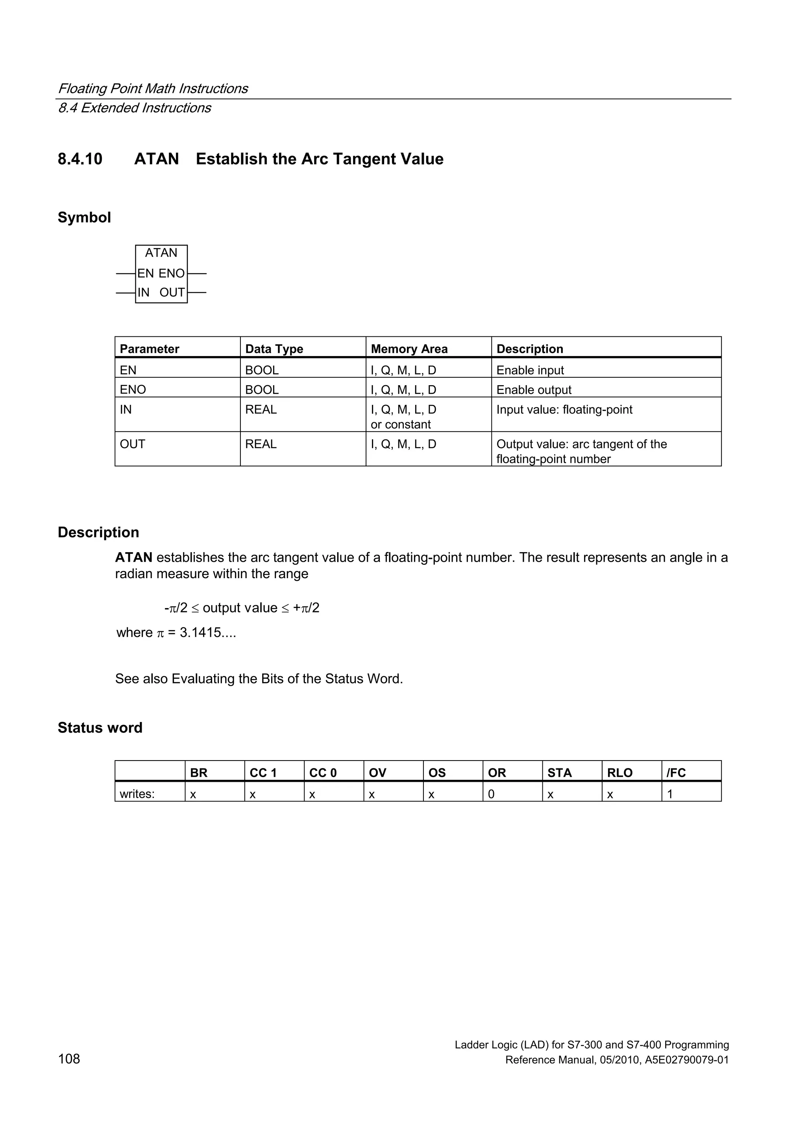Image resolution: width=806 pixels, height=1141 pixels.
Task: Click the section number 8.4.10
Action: coord(80,159)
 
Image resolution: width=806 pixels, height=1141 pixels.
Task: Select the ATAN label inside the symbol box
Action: coord(161,253)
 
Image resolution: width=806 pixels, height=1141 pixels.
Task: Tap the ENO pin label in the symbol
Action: coord(172,273)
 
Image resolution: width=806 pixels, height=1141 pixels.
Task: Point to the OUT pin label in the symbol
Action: coord(172,293)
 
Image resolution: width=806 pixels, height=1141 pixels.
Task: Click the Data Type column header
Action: coord(274,349)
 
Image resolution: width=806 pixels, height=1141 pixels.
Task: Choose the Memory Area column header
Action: coord(409,349)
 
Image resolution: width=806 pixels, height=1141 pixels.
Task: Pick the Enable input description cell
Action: coord(530,370)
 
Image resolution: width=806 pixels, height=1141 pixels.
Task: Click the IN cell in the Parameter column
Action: coord(126,410)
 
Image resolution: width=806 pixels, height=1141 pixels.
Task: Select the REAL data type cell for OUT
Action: coord(261,444)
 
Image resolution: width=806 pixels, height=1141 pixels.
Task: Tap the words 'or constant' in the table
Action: coord(401,425)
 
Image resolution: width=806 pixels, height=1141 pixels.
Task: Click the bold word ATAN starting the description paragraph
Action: coord(133,558)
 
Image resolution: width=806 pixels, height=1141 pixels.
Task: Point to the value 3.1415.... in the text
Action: coord(207,633)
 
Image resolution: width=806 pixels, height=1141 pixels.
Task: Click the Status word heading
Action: coord(100,727)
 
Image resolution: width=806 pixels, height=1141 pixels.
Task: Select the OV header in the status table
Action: coord(377,773)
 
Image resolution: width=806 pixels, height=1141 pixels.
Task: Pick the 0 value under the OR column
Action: coord(491,794)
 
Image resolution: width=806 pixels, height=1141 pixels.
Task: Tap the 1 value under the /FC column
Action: coord(670,794)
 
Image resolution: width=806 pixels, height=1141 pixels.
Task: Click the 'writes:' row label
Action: coord(137,794)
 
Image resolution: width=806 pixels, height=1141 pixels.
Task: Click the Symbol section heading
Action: coord(84,218)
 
